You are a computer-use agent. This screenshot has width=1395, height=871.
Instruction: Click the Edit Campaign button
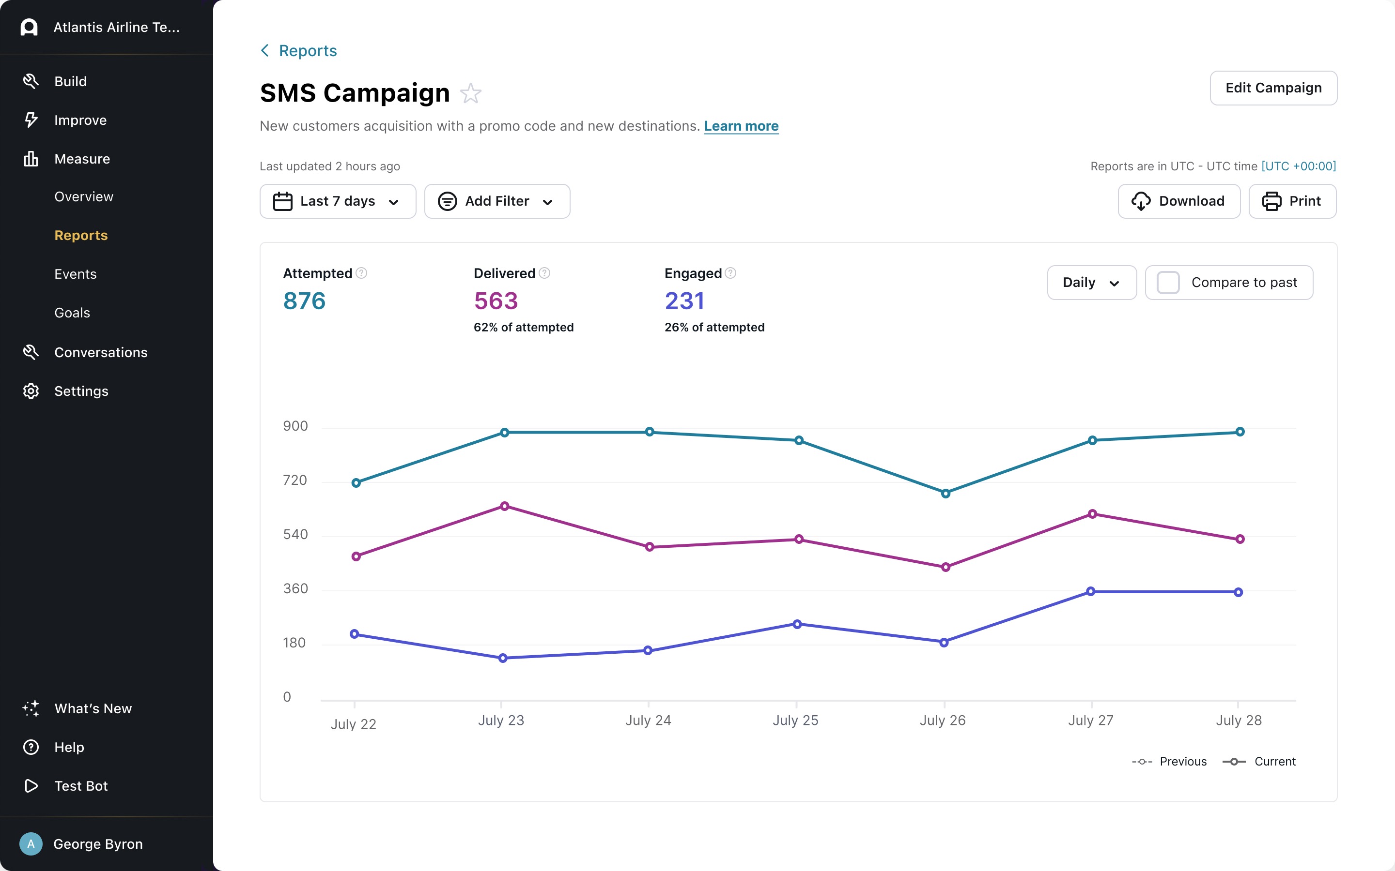1273,88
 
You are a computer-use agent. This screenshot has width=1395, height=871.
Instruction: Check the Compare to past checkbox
1168,283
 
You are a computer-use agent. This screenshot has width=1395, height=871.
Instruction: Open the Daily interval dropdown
1091,283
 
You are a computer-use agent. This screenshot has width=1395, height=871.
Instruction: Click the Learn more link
741,126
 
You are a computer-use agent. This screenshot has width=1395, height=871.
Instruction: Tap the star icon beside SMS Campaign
470,93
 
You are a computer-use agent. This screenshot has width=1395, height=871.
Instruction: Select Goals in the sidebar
72,313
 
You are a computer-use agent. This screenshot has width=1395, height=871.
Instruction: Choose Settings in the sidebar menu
81,391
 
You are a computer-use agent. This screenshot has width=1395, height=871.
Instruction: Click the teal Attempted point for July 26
945,494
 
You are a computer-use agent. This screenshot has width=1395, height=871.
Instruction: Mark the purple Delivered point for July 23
504,506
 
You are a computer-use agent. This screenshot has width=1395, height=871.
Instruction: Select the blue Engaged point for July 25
797,624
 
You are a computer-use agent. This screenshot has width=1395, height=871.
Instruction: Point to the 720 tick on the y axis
295,481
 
